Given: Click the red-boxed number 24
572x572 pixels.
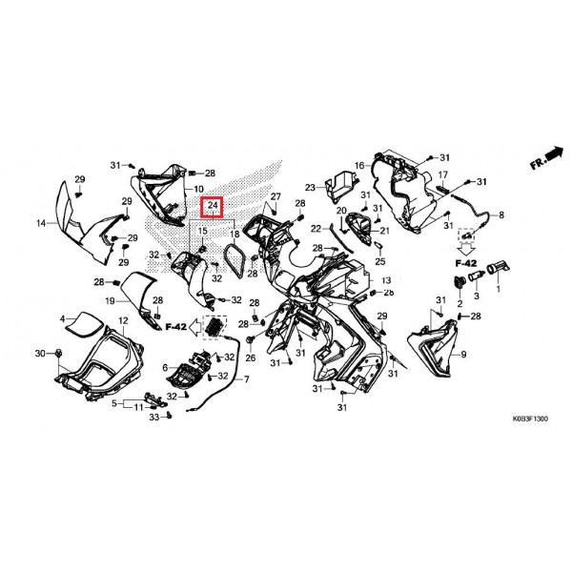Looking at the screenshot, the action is click(213, 205).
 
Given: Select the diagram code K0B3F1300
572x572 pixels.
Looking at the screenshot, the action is click(530, 419).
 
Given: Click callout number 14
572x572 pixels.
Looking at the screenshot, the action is click(41, 223).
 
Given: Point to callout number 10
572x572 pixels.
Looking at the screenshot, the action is click(198, 189).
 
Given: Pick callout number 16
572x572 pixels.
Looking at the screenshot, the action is click(359, 166).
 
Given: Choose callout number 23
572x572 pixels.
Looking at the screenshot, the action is click(310, 188).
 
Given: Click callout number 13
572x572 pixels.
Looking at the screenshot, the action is click(386, 280).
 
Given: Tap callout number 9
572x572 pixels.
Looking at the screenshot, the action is click(463, 354).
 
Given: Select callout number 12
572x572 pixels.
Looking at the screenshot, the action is click(123, 320).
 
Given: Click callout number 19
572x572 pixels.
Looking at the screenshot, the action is click(110, 301).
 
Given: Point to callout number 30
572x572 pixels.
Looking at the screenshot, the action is click(40, 353).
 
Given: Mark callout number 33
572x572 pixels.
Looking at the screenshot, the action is click(154, 417).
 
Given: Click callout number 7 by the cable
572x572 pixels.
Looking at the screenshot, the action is click(247, 379).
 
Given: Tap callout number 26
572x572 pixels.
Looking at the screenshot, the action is click(250, 357).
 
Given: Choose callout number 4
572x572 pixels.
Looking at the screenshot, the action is click(62, 319).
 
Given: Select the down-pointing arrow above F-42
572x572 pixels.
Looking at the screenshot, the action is click(466, 250).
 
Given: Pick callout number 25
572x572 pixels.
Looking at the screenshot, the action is click(380, 261).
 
